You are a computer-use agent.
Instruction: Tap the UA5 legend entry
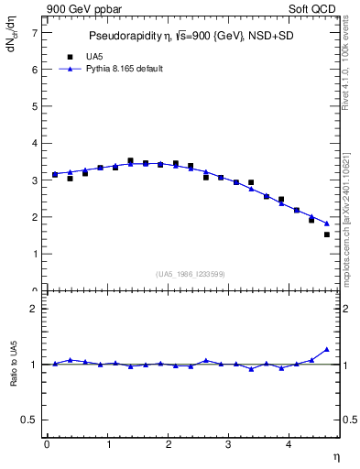pyautogui.click(x=81, y=56)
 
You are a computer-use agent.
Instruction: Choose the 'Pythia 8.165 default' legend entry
pyautogui.click(x=117, y=69)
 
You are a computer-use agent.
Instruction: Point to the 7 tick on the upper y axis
pyautogui.click(x=35, y=32)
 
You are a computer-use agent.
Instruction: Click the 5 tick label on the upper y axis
pyautogui.click(x=35, y=106)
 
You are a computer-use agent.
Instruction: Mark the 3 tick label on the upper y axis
pyautogui.click(x=35, y=180)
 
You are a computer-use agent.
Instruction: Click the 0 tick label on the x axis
pyautogui.click(x=47, y=444)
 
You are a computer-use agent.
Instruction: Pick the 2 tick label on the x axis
pyautogui.click(x=168, y=444)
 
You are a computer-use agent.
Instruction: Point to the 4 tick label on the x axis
pyautogui.click(x=289, y=444)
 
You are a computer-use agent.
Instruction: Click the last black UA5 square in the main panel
pyautogui.click(x=327, y=234)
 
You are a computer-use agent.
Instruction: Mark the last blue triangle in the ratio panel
pyautogui.click(x=327, y=349)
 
